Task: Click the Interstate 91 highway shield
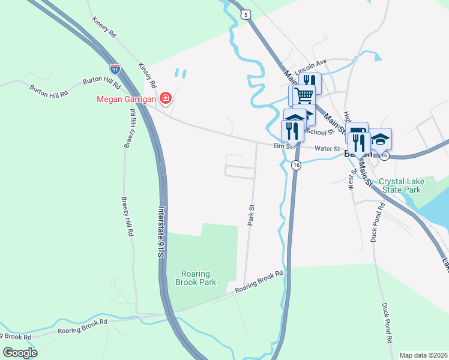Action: pos(114,68)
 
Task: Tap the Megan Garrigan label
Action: pos(126,98)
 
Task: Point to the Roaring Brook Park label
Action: pos(196,278)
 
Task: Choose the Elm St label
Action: pos(282,145)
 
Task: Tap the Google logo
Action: pos(20,352)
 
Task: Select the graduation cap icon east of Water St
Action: pos(380,139)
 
